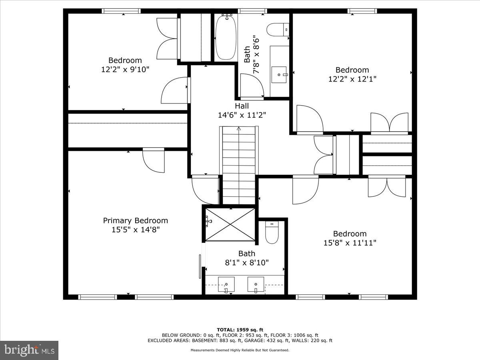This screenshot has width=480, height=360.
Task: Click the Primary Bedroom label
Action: click(x=135, y=220)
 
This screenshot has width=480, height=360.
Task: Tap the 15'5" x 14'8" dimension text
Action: click(x=135, y=230)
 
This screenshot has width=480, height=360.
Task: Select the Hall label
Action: click(x=242, y=106)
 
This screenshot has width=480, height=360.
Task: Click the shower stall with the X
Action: click(x=230, y=224)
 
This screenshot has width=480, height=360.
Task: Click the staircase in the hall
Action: click(x=238, y=164)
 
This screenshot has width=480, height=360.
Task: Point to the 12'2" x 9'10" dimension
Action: click(x=125, y=69)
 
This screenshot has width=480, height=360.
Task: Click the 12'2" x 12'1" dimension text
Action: click(x=352, y=79)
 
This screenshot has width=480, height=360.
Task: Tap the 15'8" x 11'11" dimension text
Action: click(x=350, y=243)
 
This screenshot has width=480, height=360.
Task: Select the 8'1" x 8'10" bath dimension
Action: click(x=246, y=262)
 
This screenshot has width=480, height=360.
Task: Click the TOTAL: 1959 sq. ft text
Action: click(x=240, y=330)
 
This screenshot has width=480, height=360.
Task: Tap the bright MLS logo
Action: click(x=29, y=350)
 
